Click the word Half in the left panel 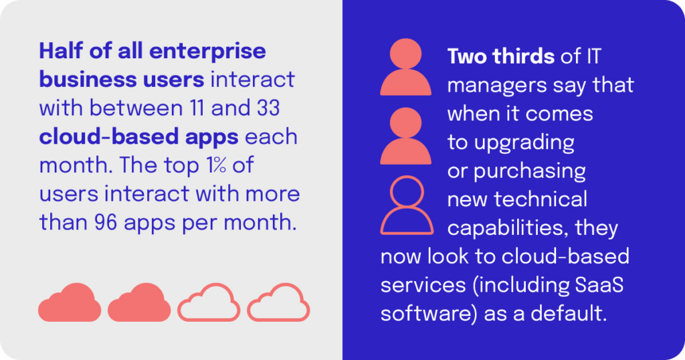(63, 51)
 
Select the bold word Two (468, 56)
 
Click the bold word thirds (524, 56)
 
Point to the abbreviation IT (593, 56)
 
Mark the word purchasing (530, 171)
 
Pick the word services (420, 284)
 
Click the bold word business (87, 80)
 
